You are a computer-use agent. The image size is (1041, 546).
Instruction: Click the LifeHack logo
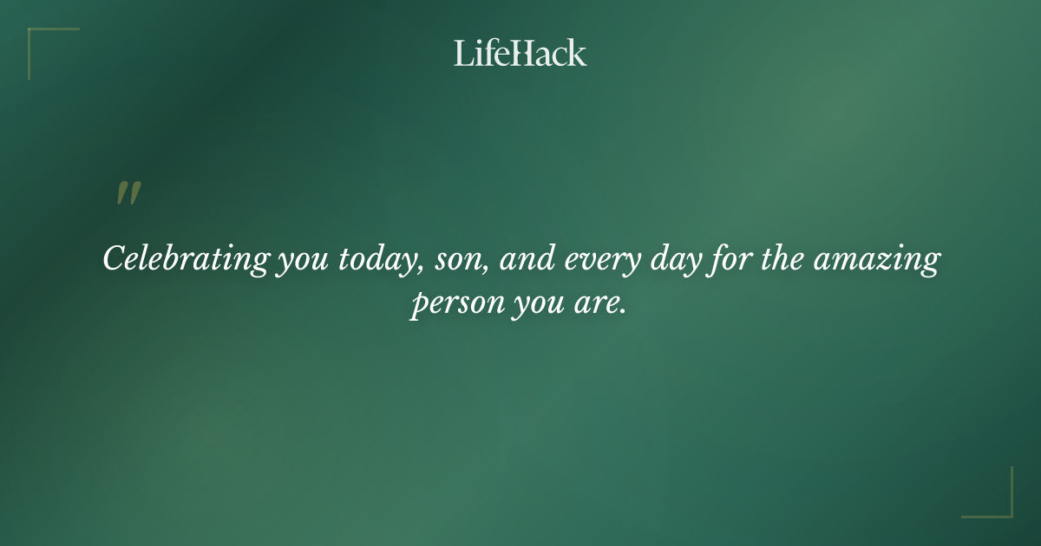(x=520, y=54)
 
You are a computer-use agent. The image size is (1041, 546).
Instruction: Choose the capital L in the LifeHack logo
(x=462, y=54)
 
